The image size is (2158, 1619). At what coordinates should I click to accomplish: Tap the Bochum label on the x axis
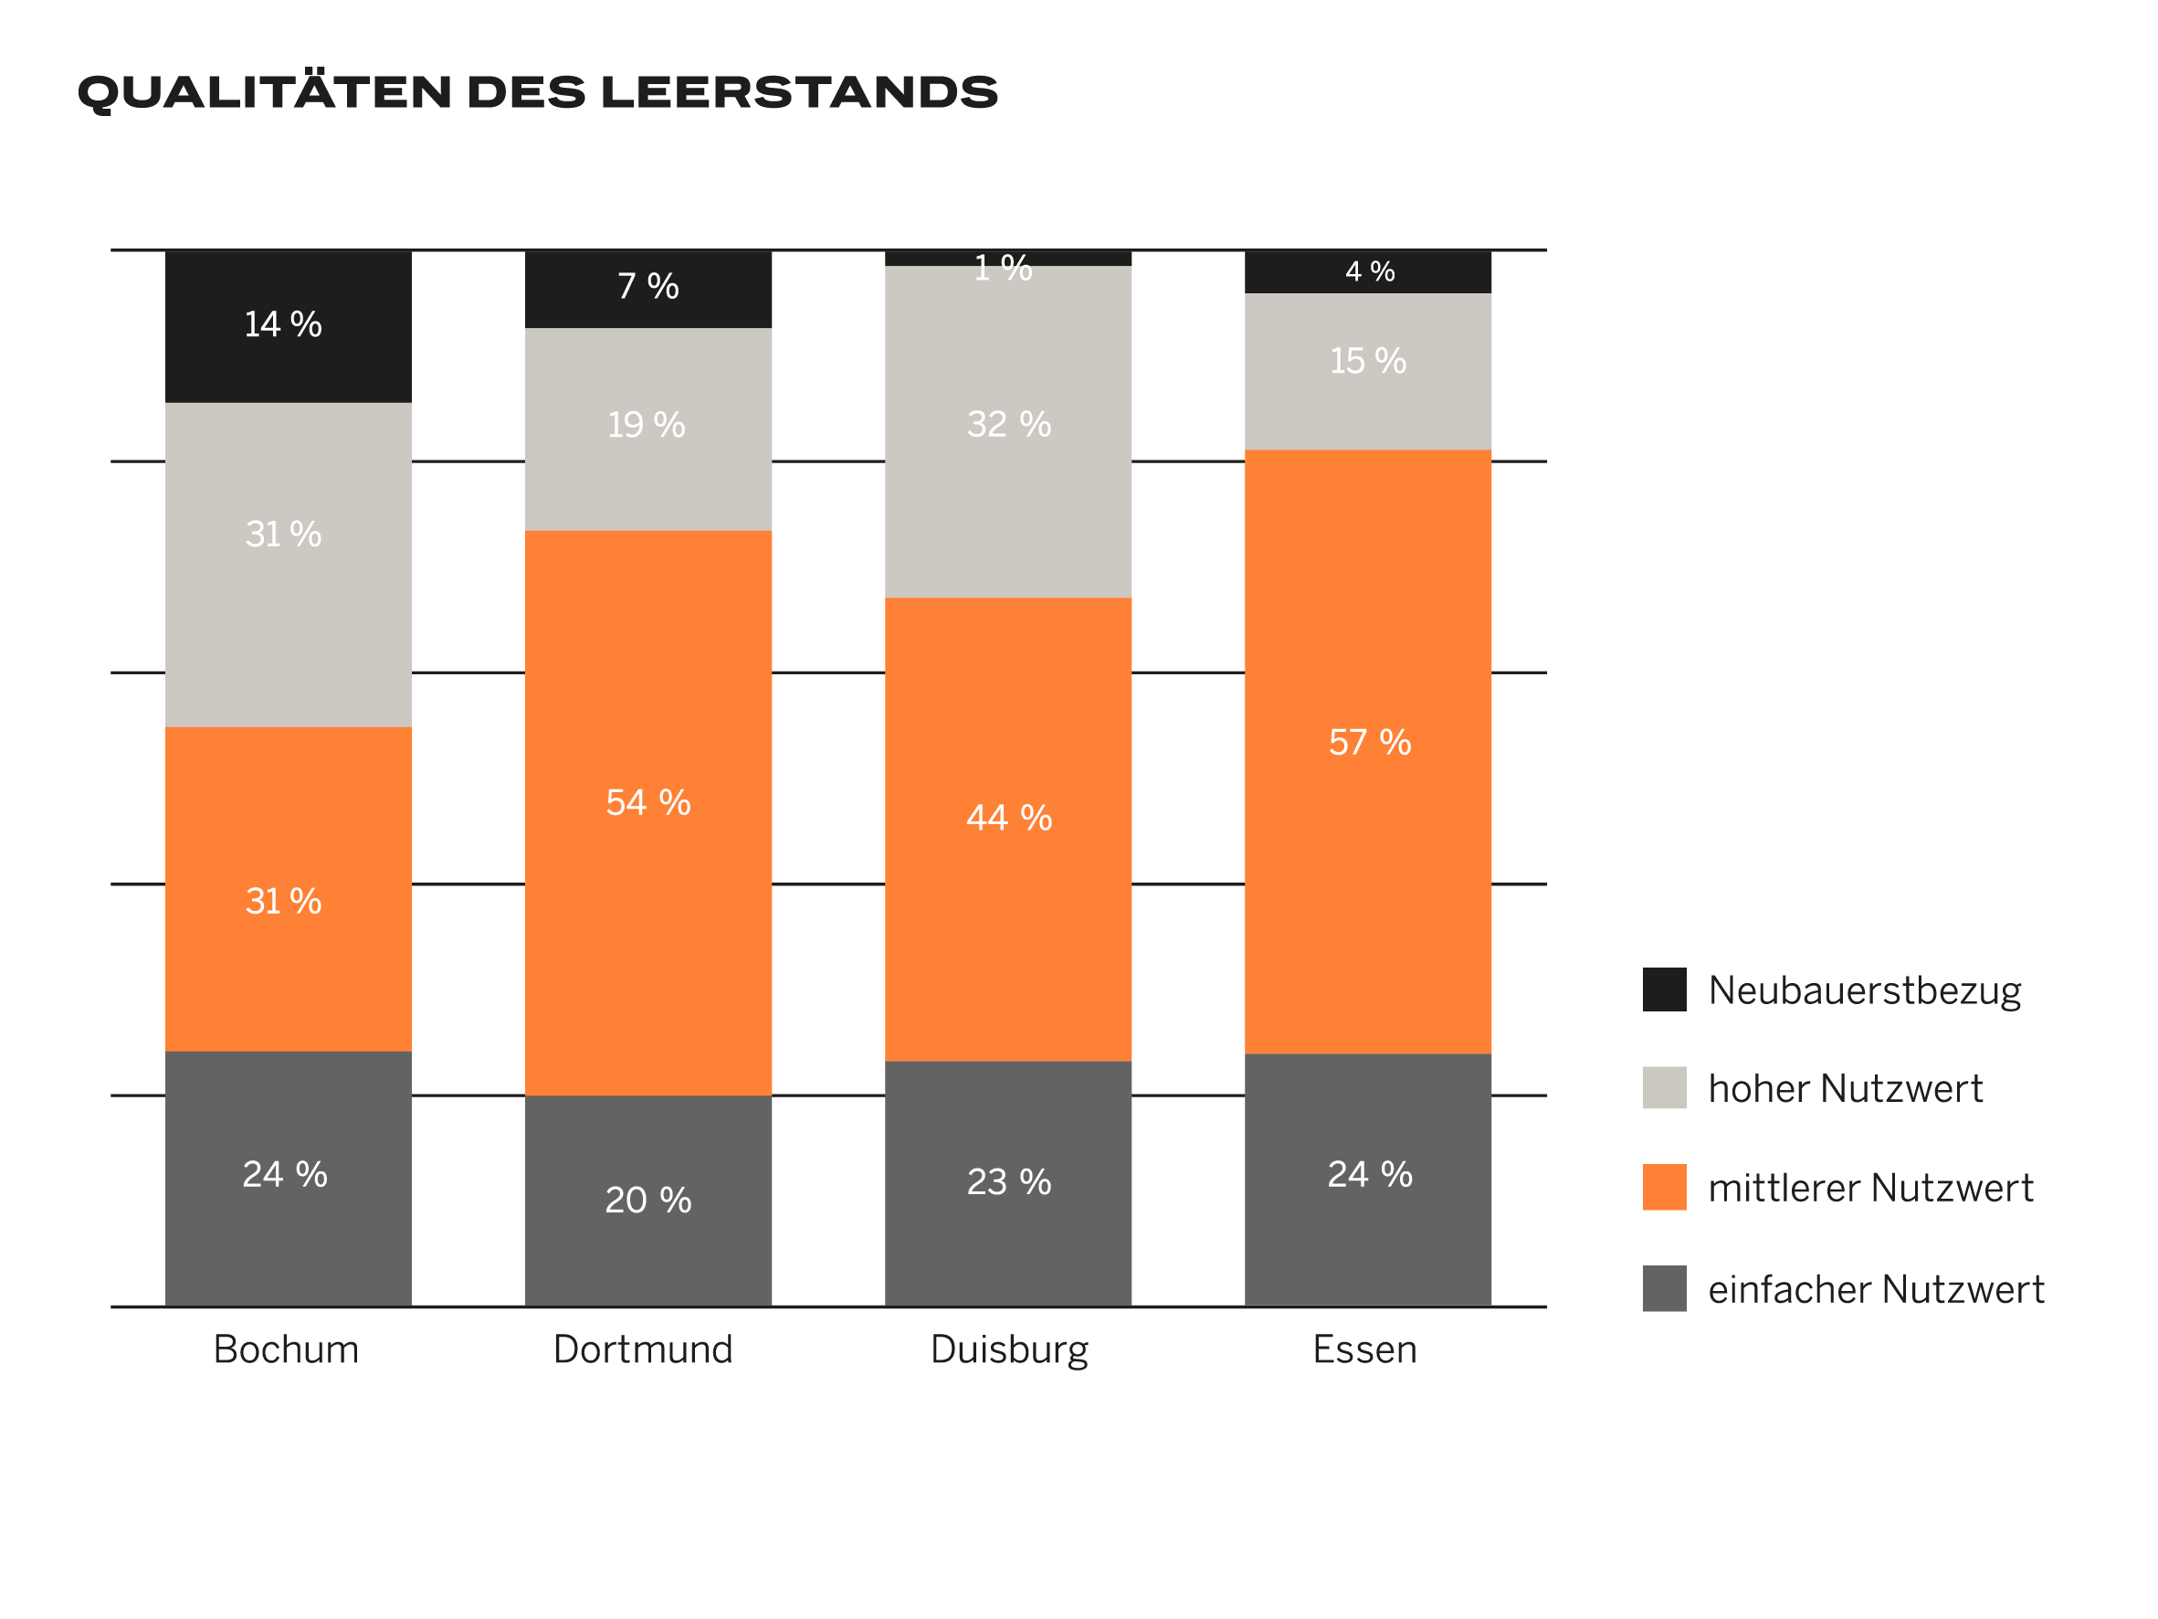(286, 1349)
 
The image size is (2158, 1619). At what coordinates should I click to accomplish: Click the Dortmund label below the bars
(643, 1349)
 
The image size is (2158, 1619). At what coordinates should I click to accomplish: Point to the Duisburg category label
(1009, 1350)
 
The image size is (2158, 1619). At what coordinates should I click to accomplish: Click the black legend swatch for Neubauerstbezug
(1664, 989)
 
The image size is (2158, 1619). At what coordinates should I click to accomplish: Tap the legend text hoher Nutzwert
(1845, 1088)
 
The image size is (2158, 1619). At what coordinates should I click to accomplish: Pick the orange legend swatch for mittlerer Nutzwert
(1664, 1187)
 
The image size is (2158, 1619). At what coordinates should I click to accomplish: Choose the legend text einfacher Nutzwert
(1875, 1289)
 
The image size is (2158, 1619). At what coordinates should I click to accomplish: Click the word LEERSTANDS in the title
(799, 92)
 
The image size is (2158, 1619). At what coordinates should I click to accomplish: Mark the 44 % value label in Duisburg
(1009, 818)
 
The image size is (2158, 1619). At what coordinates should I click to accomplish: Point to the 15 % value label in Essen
(1368, 361)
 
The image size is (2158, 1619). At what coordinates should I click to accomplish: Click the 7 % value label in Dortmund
(647, 286)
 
